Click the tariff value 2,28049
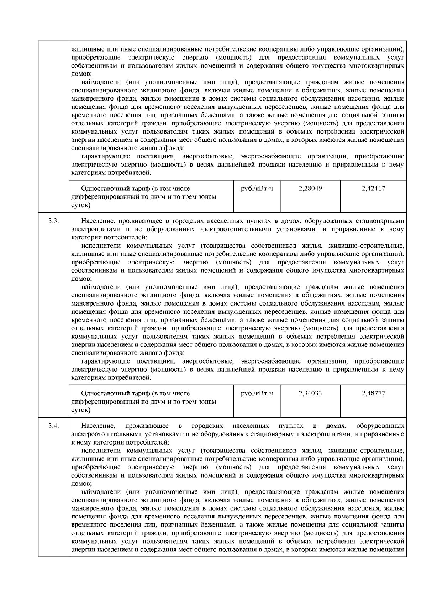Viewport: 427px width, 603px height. click(310, 189)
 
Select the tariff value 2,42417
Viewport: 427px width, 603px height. click(373, 189)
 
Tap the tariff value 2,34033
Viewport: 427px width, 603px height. click(310, 393)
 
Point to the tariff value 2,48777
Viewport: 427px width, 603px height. click(373, 393)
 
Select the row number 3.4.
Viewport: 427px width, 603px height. click(53, 426)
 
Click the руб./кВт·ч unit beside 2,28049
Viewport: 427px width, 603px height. click(257, 189)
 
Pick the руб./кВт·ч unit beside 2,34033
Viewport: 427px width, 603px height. click(257, 393)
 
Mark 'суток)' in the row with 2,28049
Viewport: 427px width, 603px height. click(81, 205)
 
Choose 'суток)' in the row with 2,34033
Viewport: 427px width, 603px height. click(81, 410)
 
